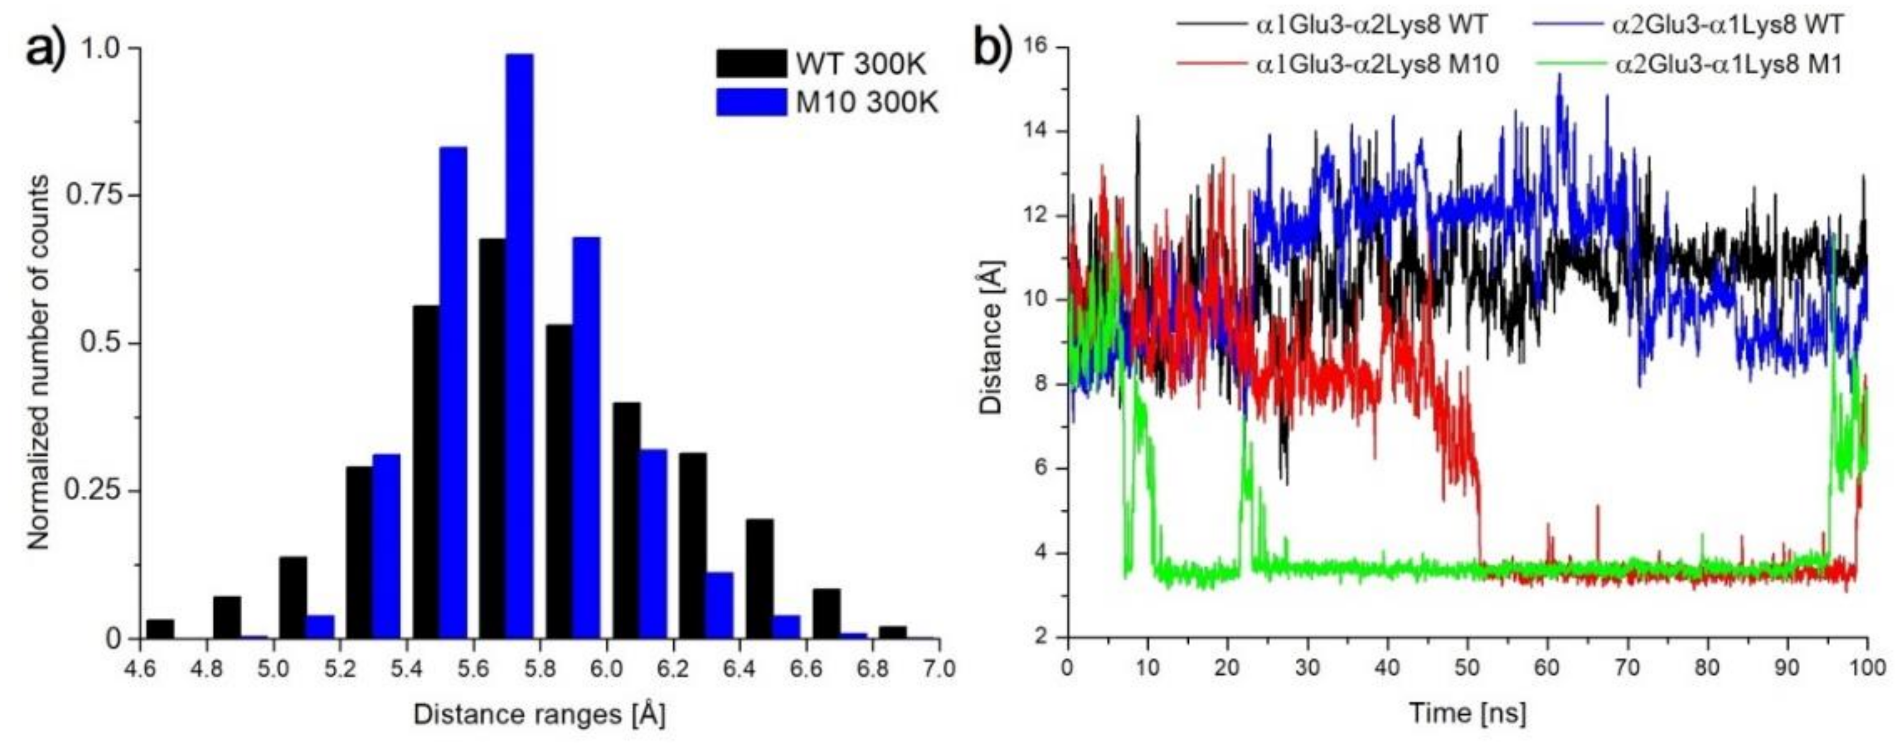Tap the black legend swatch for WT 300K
pos(751,64)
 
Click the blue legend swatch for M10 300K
pos(751,102)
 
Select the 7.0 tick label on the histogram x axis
pos(938,668)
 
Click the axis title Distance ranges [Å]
pos(539,714)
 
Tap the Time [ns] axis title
pos(1467,714)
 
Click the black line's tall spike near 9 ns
pos(1138,118)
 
